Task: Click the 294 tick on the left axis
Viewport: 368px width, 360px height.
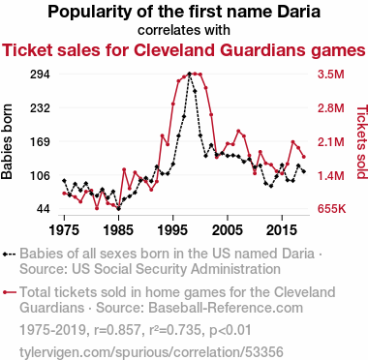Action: (40, 75)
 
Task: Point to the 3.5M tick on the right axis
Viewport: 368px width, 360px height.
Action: (331, 75)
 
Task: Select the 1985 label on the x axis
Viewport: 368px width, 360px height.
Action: (119, 230)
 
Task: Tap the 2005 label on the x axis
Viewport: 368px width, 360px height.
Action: (228, 230)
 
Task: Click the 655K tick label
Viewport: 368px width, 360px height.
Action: (331, 209)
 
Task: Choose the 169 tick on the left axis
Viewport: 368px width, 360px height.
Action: (40, 141)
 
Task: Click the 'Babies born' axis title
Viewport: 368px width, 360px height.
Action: (7, 141)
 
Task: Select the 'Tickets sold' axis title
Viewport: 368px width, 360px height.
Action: (362, 141)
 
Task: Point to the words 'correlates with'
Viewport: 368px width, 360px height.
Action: (184, 30)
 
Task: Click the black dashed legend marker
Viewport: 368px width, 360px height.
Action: (10, 254)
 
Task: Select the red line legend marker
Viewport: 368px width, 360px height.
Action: (10, 292)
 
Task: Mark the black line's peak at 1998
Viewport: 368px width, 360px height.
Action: (190, 74)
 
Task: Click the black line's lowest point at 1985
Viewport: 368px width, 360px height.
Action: (119, 208)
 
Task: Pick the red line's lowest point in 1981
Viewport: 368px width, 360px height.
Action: (97, 208)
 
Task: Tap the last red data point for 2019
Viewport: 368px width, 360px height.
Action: (304, 157)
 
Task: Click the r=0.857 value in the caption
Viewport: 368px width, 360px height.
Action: (117, 330)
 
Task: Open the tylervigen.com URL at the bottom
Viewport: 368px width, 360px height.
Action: (151, 352)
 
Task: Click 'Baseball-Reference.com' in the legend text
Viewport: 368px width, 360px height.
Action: (226, 308)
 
